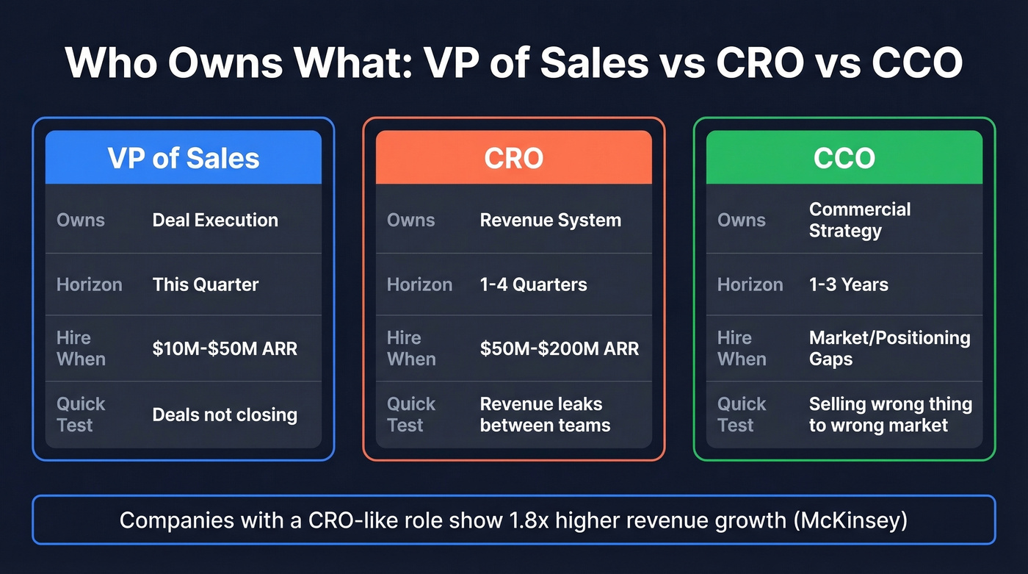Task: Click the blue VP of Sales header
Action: (x=184, y=158)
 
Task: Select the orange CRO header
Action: (x=514, y=158)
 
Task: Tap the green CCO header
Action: (x=844, y=158)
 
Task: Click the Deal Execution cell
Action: (x=215, y=220)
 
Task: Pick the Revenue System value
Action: (x=550, y=220)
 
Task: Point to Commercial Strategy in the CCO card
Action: (x=859, y=220)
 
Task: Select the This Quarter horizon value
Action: (x=206, y=284)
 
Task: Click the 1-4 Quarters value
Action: (x=533, y=284)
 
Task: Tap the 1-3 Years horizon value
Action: (x=848, y=284)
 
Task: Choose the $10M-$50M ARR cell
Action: (x=225, y=348)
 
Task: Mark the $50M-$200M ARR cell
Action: (x=560, y=348)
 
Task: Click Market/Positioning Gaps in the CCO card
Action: (x=889, y=348)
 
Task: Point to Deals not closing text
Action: (x=225, y=415)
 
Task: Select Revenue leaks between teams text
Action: (x=545, y=415)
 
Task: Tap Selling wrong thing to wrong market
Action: (x=890, y=415)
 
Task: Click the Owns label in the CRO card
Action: (x=410, y=220)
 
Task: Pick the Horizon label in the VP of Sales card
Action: (x=89, y=284)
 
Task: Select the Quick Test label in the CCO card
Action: (x=742, y=415)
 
